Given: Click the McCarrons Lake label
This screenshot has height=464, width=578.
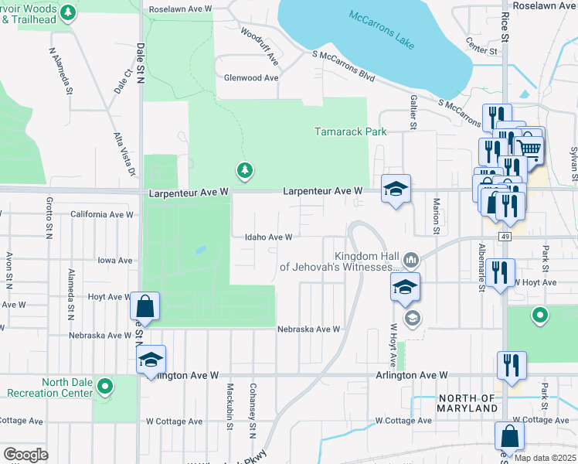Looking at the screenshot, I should pyautogui.click(x=382, y=28).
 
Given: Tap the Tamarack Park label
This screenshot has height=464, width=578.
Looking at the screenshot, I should pyautogui.click(x=350, y=131).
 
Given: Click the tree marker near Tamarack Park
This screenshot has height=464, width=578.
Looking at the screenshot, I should pyautogui.click(x=245, y=169).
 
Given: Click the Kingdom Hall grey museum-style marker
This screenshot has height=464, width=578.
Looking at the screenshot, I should pyautogui.click(x=410, y=258).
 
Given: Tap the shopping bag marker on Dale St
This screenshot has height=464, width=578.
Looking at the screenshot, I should pyautogui.click(x=144, y=305).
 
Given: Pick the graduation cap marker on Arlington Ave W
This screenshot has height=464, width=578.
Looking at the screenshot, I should pyautogui.click(x=151, y=360).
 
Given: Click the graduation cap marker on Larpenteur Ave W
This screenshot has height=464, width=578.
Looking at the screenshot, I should pyautogui.click(x=396, y=189).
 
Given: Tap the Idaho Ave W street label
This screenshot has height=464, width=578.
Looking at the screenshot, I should pyautogui.click(x=268, y=237).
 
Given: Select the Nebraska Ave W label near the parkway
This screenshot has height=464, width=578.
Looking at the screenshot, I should pyautogui.click(x=309, y=329).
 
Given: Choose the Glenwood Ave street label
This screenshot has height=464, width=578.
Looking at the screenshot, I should pyautogui.click(x=250, y=78).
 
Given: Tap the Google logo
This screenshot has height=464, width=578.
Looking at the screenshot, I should pyautogui.click(x=25, y=455).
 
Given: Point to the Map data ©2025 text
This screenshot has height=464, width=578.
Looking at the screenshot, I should pyautogui.click(x=544, y=457).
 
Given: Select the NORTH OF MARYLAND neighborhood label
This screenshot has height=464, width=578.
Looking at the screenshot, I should pyautogui.click(x=467, y=402).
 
